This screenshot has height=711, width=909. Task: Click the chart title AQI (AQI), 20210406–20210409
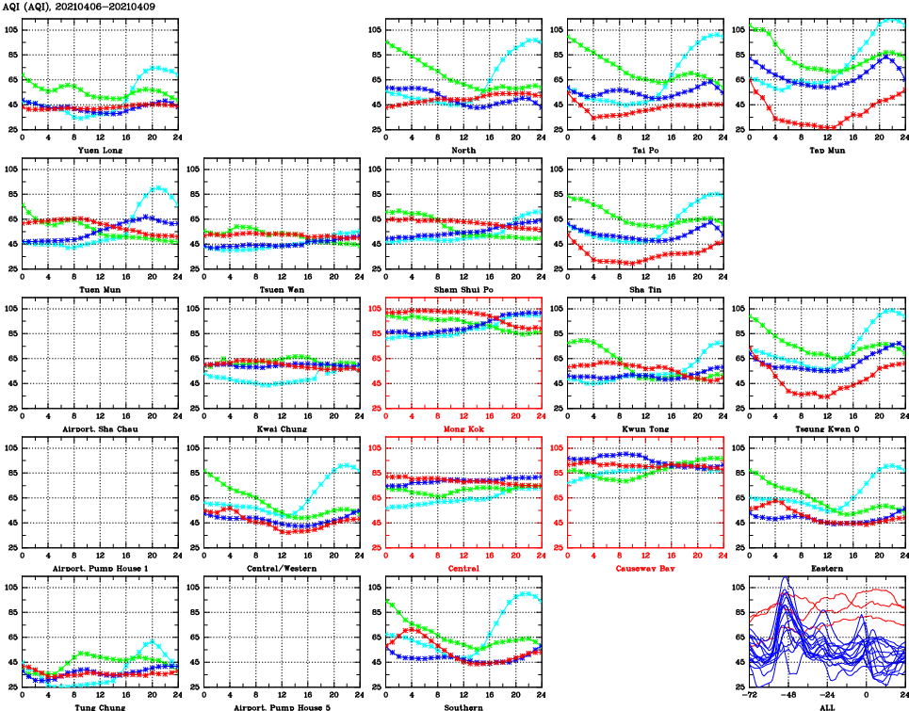click(x=80, y=8)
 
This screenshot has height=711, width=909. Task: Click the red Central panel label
click(x=463, y=569)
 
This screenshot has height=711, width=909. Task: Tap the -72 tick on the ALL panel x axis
click(x=750, y=696)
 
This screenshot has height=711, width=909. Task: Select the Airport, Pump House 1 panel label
click(x=100, y=569)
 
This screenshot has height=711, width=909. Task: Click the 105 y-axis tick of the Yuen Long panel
click(x=10, y=30)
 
